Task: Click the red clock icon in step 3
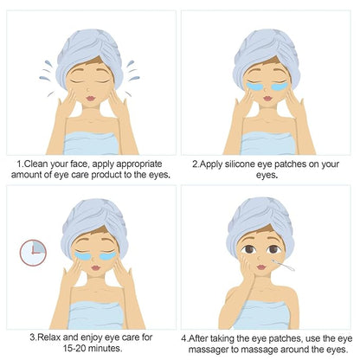[33, 253]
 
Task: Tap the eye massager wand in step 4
[283, 265]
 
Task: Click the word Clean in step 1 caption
[36, 164]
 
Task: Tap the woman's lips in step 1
[91, 99]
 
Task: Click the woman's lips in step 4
[261, 267]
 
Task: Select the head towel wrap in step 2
[266, 55]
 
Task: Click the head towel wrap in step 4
[260, 225]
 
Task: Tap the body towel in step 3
[96, 315]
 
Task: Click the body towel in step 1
[91, 144]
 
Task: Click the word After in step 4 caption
[199, 338]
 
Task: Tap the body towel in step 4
[262, 315]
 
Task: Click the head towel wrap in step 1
[89, 56]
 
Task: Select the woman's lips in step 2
[267, 99]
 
